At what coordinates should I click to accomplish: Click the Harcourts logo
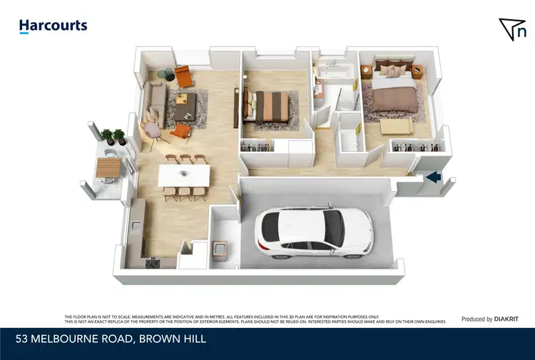click(x=53, y=26)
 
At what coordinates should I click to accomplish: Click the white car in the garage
click(x=314, y=233)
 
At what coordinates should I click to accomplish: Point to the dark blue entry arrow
click(x=434, y=178)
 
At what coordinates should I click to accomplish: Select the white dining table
click(x=184, y=174)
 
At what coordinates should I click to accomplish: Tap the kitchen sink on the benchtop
click(x=136, y=227)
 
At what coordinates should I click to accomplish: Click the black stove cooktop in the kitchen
click(x=153, y=262)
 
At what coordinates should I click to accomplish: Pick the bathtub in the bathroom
click(x=333, y=71)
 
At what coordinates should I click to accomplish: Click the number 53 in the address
click(x=26, y=339)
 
